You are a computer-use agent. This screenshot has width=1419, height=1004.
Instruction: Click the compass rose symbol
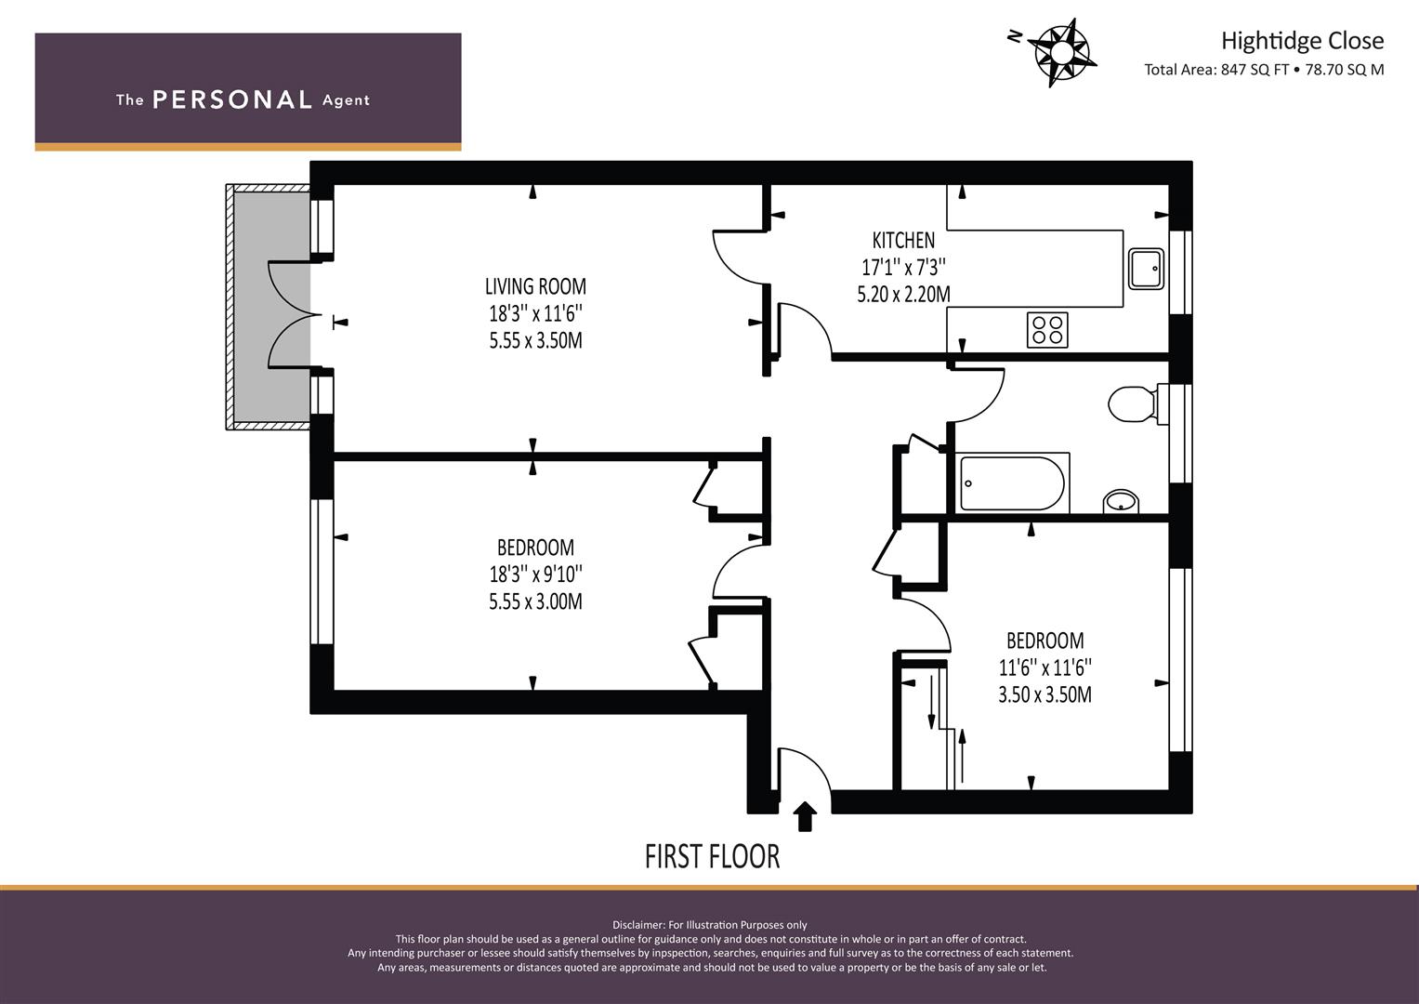point(1062,53)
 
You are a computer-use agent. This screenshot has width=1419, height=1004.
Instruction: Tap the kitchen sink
point(1146,269)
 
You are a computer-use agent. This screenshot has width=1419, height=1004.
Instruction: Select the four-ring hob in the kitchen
point(1047,330)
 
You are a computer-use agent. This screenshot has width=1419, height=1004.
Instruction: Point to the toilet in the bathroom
point(1137,403)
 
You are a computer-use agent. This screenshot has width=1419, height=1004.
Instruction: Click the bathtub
point(1014,483)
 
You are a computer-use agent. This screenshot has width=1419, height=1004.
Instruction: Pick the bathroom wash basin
point(1121,501)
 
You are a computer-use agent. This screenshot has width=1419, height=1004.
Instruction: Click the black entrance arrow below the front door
point(805,816)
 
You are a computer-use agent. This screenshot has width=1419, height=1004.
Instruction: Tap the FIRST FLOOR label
point(712,857)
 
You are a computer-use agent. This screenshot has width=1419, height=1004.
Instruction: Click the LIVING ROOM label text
point(535,286)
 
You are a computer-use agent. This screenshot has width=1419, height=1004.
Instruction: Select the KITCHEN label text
point(903,240)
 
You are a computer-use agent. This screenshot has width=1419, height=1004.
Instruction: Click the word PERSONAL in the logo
point(232,99)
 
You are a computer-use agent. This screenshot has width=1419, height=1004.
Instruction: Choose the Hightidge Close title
point(1303,41)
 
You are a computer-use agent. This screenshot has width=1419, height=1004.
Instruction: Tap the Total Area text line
point(1264,70)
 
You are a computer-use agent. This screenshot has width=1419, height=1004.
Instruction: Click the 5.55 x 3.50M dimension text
point(535,341)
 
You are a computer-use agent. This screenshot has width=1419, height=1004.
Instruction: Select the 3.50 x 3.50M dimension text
point(1045,695)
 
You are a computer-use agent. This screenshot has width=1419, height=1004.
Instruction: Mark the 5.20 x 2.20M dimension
point(903,295)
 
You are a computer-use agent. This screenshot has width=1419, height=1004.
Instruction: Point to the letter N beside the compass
point(1015,36)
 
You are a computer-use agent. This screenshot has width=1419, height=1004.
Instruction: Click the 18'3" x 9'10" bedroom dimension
point(535,575)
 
